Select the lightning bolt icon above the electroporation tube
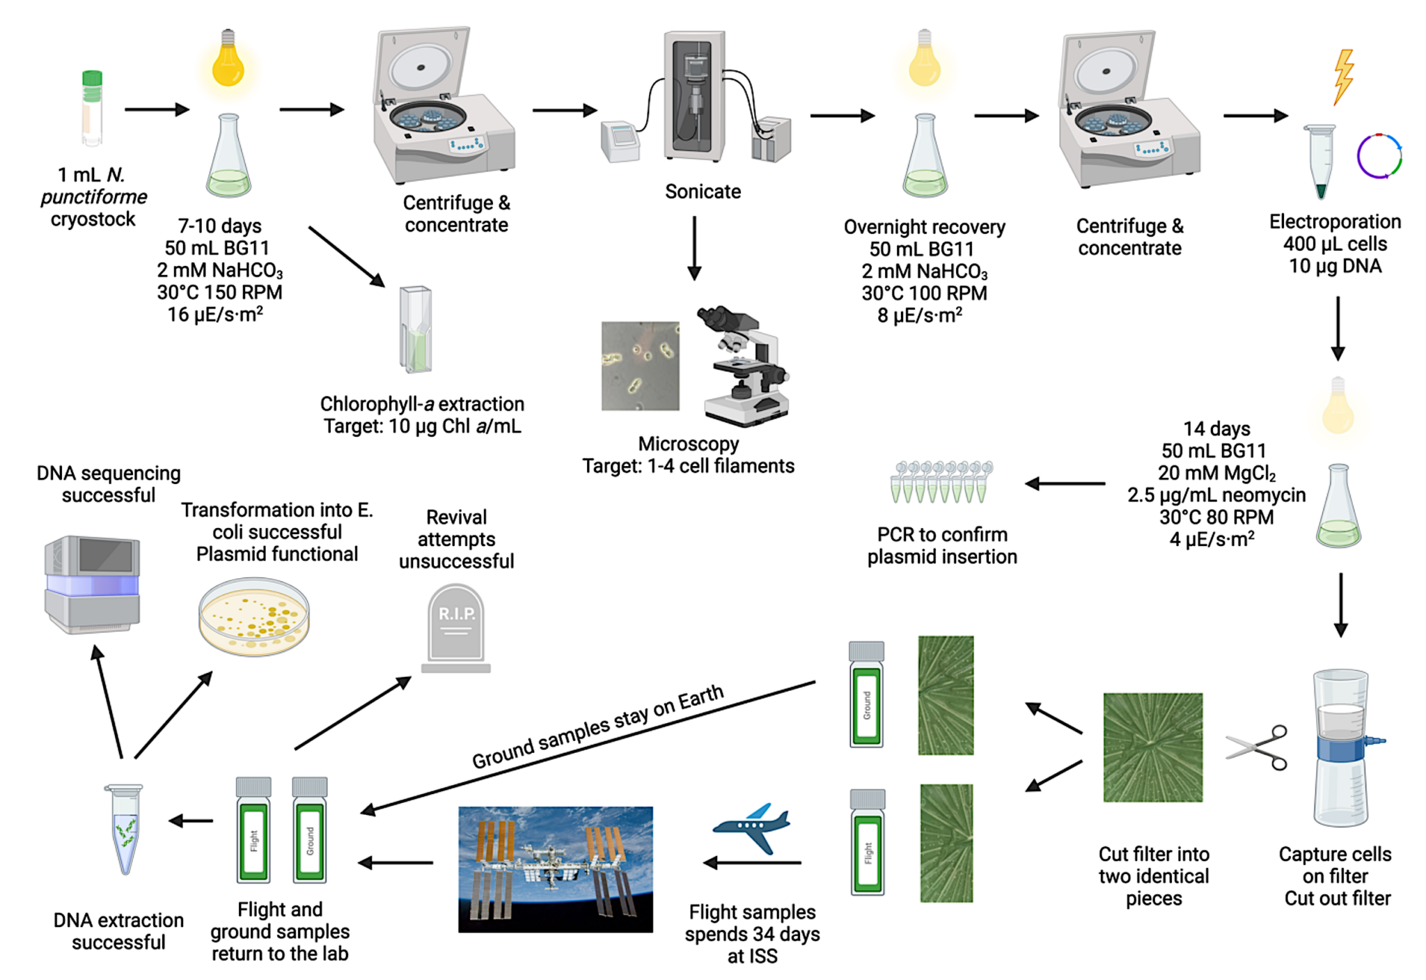[x=1343, y=77]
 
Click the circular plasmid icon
[x=1379, y=156]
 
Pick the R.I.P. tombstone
[x=456, y=627]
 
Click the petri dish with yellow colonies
[x=254, y=616]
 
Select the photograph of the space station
[x=555, y=869]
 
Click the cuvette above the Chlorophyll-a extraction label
[x=416, y=329]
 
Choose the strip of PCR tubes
[x=941, y=481]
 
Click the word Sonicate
[x=703, y=192]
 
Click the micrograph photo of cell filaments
[x=640, y=366]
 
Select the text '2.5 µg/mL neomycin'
[x=1216, y=495]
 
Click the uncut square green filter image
[x=1152, y=747]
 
